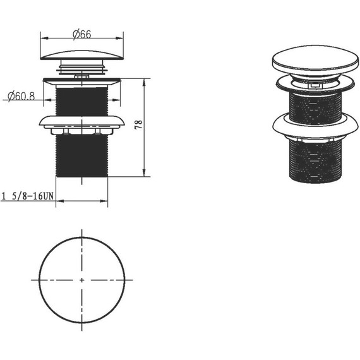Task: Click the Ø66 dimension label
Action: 82,35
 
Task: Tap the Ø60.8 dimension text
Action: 21,96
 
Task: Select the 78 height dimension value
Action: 139,124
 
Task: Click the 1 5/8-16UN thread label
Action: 28,196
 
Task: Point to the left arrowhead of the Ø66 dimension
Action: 44,38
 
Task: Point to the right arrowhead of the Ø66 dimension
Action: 119,38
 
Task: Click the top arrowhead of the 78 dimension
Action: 144,83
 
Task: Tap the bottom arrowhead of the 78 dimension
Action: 144,173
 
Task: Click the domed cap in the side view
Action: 82,56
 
